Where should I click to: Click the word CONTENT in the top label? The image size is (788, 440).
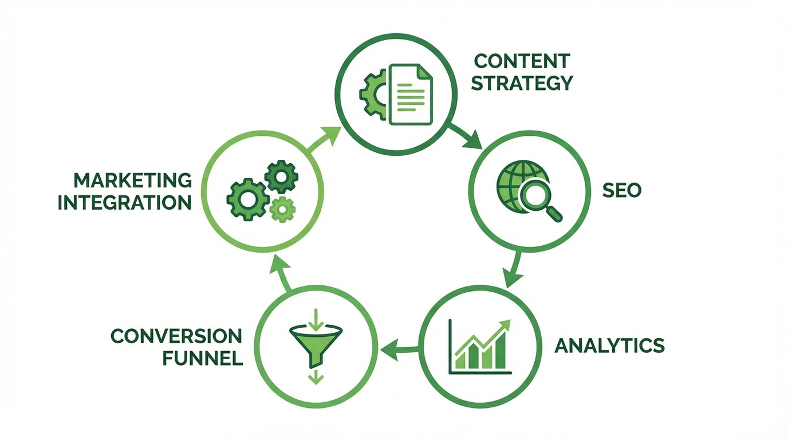click(522, 61)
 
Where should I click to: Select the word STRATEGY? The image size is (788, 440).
click(522, 83)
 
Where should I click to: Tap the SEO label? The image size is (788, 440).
click(621, 190)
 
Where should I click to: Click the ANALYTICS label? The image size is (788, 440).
click(610, 345)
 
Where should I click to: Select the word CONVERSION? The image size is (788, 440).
click(176, 336)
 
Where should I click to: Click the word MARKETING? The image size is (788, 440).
click(133, 180)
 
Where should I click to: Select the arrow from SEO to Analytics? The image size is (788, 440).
click(514, 269)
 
